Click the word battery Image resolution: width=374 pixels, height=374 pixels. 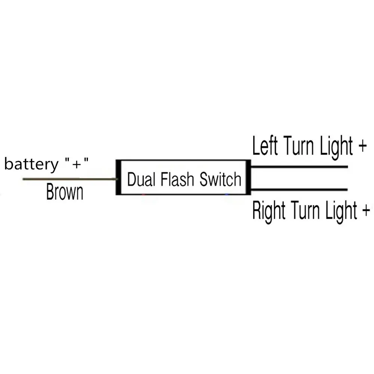point(31,164)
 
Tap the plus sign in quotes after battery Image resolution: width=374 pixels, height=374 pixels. point(77,164)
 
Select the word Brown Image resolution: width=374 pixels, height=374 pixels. point(65,191)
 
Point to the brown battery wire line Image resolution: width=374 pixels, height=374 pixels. point(69,179)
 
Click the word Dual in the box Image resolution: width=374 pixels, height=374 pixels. point(141,179)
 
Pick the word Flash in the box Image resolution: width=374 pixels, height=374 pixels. point(177,179)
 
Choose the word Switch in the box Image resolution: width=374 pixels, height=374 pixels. point(220,179)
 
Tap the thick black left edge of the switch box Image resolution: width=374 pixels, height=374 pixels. point(118,177)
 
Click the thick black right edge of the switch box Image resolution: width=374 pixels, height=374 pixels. point(248,177)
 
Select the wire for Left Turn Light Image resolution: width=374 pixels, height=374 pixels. point(299,167)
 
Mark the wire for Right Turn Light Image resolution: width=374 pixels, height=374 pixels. point(299,190)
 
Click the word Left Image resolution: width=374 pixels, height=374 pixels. point(265,145)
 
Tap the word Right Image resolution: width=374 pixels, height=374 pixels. point(269,211)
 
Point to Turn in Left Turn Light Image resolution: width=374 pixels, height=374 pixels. point(298,145)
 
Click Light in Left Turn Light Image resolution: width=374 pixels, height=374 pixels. point(336,147)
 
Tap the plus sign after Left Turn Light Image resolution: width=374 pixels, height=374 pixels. point(362,146)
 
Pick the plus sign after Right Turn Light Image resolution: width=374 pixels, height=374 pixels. point(366,211)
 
